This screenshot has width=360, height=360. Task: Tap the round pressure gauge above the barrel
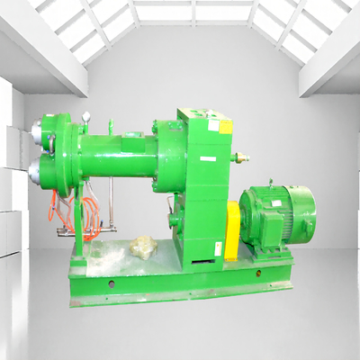86,118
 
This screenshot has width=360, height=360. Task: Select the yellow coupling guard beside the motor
233,229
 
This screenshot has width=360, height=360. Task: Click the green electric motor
279,216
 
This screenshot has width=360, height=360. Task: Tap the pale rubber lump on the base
141,244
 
